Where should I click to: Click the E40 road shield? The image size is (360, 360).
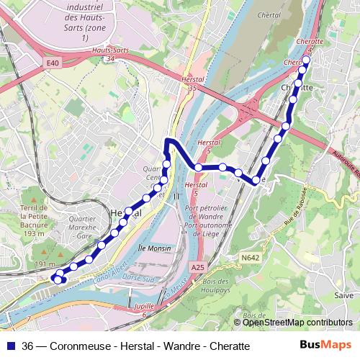51,64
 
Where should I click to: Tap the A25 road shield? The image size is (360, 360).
197,268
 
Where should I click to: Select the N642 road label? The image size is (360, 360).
250,257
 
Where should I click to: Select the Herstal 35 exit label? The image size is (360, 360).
191,84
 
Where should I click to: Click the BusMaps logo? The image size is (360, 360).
325,346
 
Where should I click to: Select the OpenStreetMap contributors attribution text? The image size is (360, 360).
297,323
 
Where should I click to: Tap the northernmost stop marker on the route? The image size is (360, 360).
305,60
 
